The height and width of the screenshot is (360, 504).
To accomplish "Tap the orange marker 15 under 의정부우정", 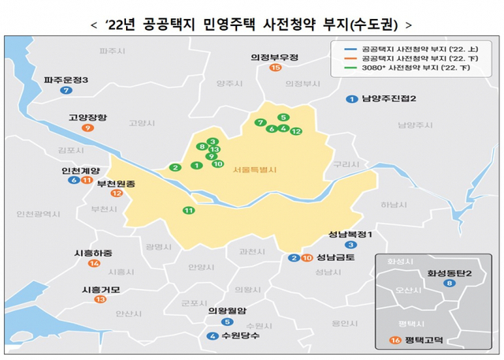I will (275, 69).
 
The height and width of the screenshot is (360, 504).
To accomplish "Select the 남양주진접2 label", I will (388, 98).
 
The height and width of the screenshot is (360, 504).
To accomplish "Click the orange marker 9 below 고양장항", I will (87, 128).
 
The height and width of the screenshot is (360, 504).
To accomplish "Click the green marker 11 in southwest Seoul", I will (187, 210).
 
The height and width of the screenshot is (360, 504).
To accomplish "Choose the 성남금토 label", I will (336, 258).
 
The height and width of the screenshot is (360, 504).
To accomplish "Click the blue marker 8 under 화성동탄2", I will (449, 284).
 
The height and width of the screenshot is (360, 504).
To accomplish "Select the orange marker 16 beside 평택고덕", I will (393, 340).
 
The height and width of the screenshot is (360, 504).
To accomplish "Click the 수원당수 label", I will (240, 336).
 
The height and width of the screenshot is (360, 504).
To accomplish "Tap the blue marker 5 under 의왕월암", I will (228, 321).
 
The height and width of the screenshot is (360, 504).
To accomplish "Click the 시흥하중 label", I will (93, 253).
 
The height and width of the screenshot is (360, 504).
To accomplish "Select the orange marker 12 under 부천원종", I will (117, 193).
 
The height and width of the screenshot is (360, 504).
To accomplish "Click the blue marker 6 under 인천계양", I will (73, 181).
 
